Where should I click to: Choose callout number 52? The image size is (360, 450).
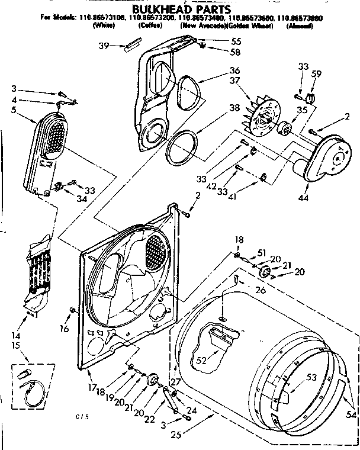[x=202, y=359]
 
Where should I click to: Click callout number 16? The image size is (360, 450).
[x=64, y=328]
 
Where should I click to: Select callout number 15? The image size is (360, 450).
[x=16, y=345]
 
